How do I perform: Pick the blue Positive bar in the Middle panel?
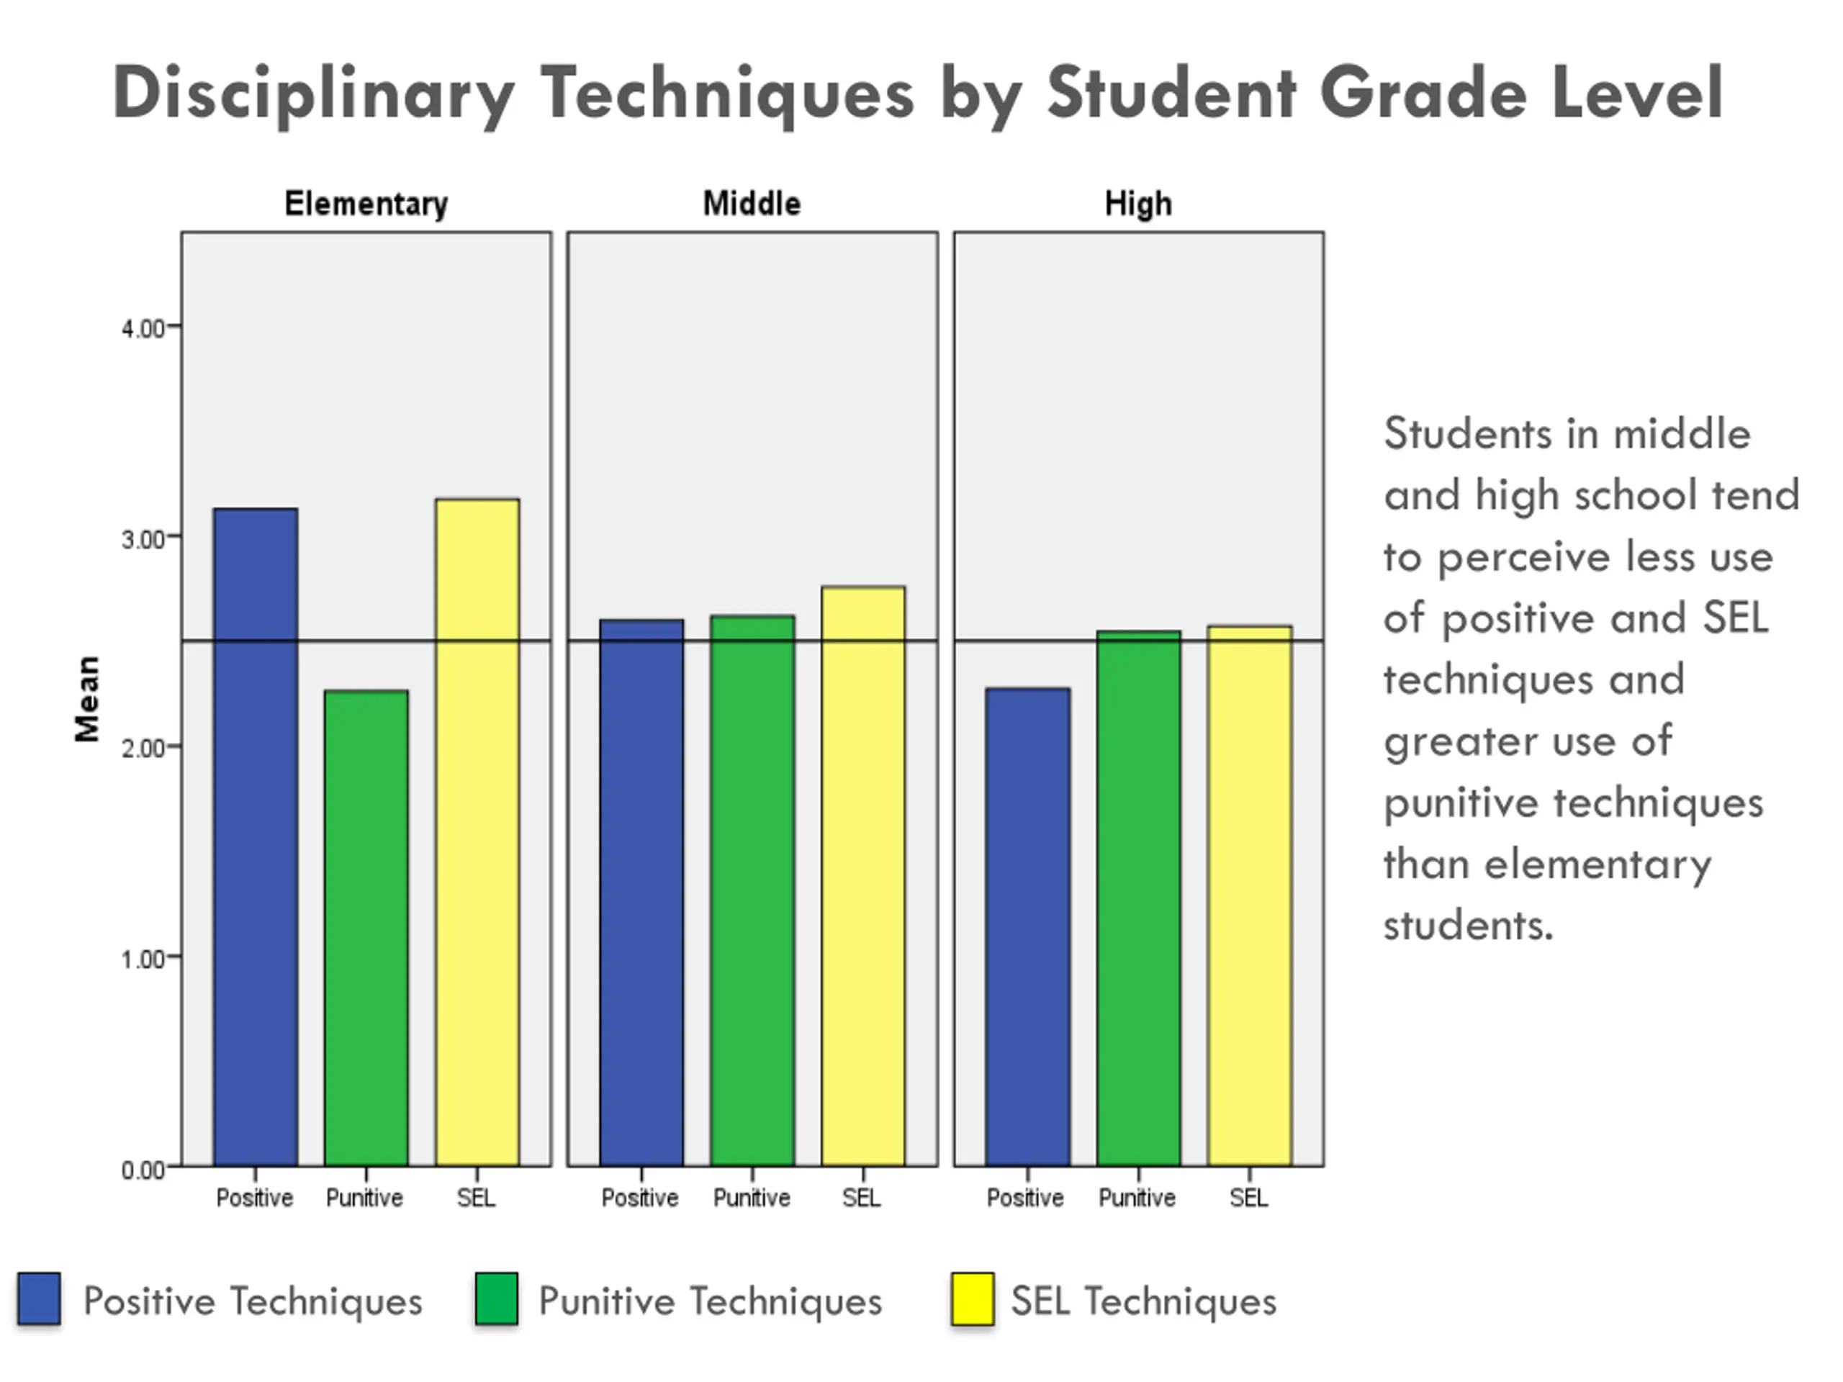641,892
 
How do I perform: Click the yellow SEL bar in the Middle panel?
863,875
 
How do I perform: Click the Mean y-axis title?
88,698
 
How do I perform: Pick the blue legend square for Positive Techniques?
39,1299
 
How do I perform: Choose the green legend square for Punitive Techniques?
497,1299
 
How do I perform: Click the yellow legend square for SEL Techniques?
973,1299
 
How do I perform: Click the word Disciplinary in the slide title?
313,94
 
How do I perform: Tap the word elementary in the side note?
1598,864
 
